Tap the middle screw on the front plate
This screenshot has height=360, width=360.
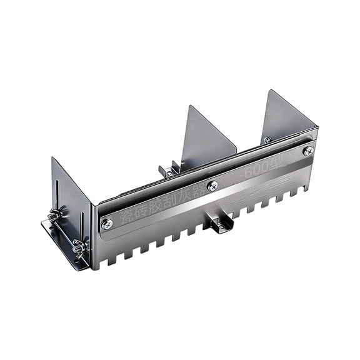pos(212,185)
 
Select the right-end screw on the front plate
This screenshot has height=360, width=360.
pos(307,151)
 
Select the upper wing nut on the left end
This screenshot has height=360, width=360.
pos(55,215)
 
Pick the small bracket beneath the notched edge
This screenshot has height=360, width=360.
pos(221,223)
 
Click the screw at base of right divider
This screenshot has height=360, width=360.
pos(267,140)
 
